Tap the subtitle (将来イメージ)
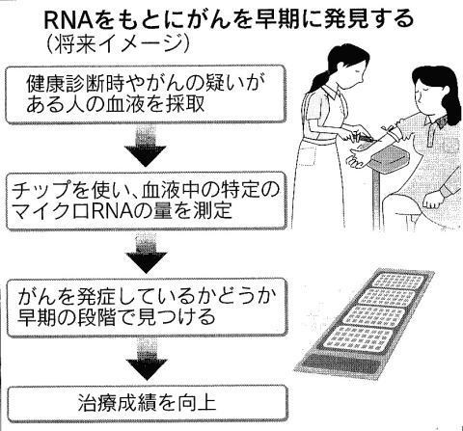point(118,43)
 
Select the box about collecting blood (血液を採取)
point(146,94)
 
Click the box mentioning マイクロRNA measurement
point(147,201)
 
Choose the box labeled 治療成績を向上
point(148,404)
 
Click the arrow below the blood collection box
point(146,147)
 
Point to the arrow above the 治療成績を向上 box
point(147,359)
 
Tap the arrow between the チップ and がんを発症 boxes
point(147,254)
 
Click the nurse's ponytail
point(318,80)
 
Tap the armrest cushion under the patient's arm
point(390,158)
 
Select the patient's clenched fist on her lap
point(432,200)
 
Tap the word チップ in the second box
point(41,191)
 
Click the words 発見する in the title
point(368,19)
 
